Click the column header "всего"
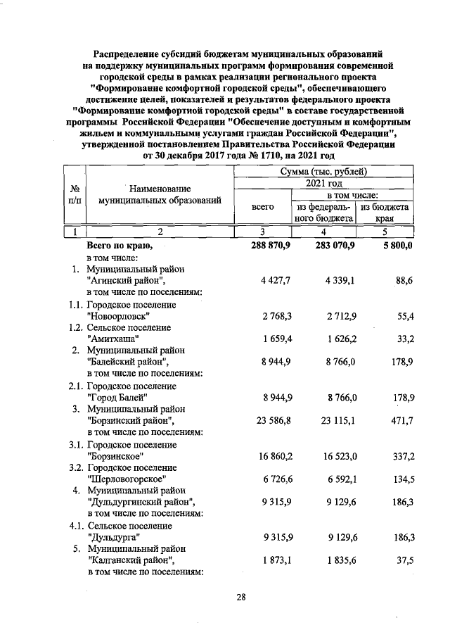262,207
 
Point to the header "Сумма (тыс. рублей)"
323,171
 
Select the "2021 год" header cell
323,183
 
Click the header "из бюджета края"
385,213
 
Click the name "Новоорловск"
118,316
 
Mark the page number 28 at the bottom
240,598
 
